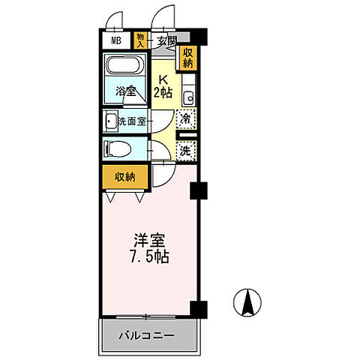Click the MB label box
[118, 41]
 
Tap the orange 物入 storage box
[140, 40]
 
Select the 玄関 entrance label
[166, 41]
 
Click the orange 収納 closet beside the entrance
[187, 58]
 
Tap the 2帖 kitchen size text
[163, 92]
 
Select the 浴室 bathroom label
[126, 91]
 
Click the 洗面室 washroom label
[130, 120]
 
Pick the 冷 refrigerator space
[187, 118]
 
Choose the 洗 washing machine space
[187, 150]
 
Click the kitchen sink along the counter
[190, 96]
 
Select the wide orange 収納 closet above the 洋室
[124, 177]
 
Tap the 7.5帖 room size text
[150, 257]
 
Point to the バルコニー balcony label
[147, 335]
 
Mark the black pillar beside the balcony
[199, 307]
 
